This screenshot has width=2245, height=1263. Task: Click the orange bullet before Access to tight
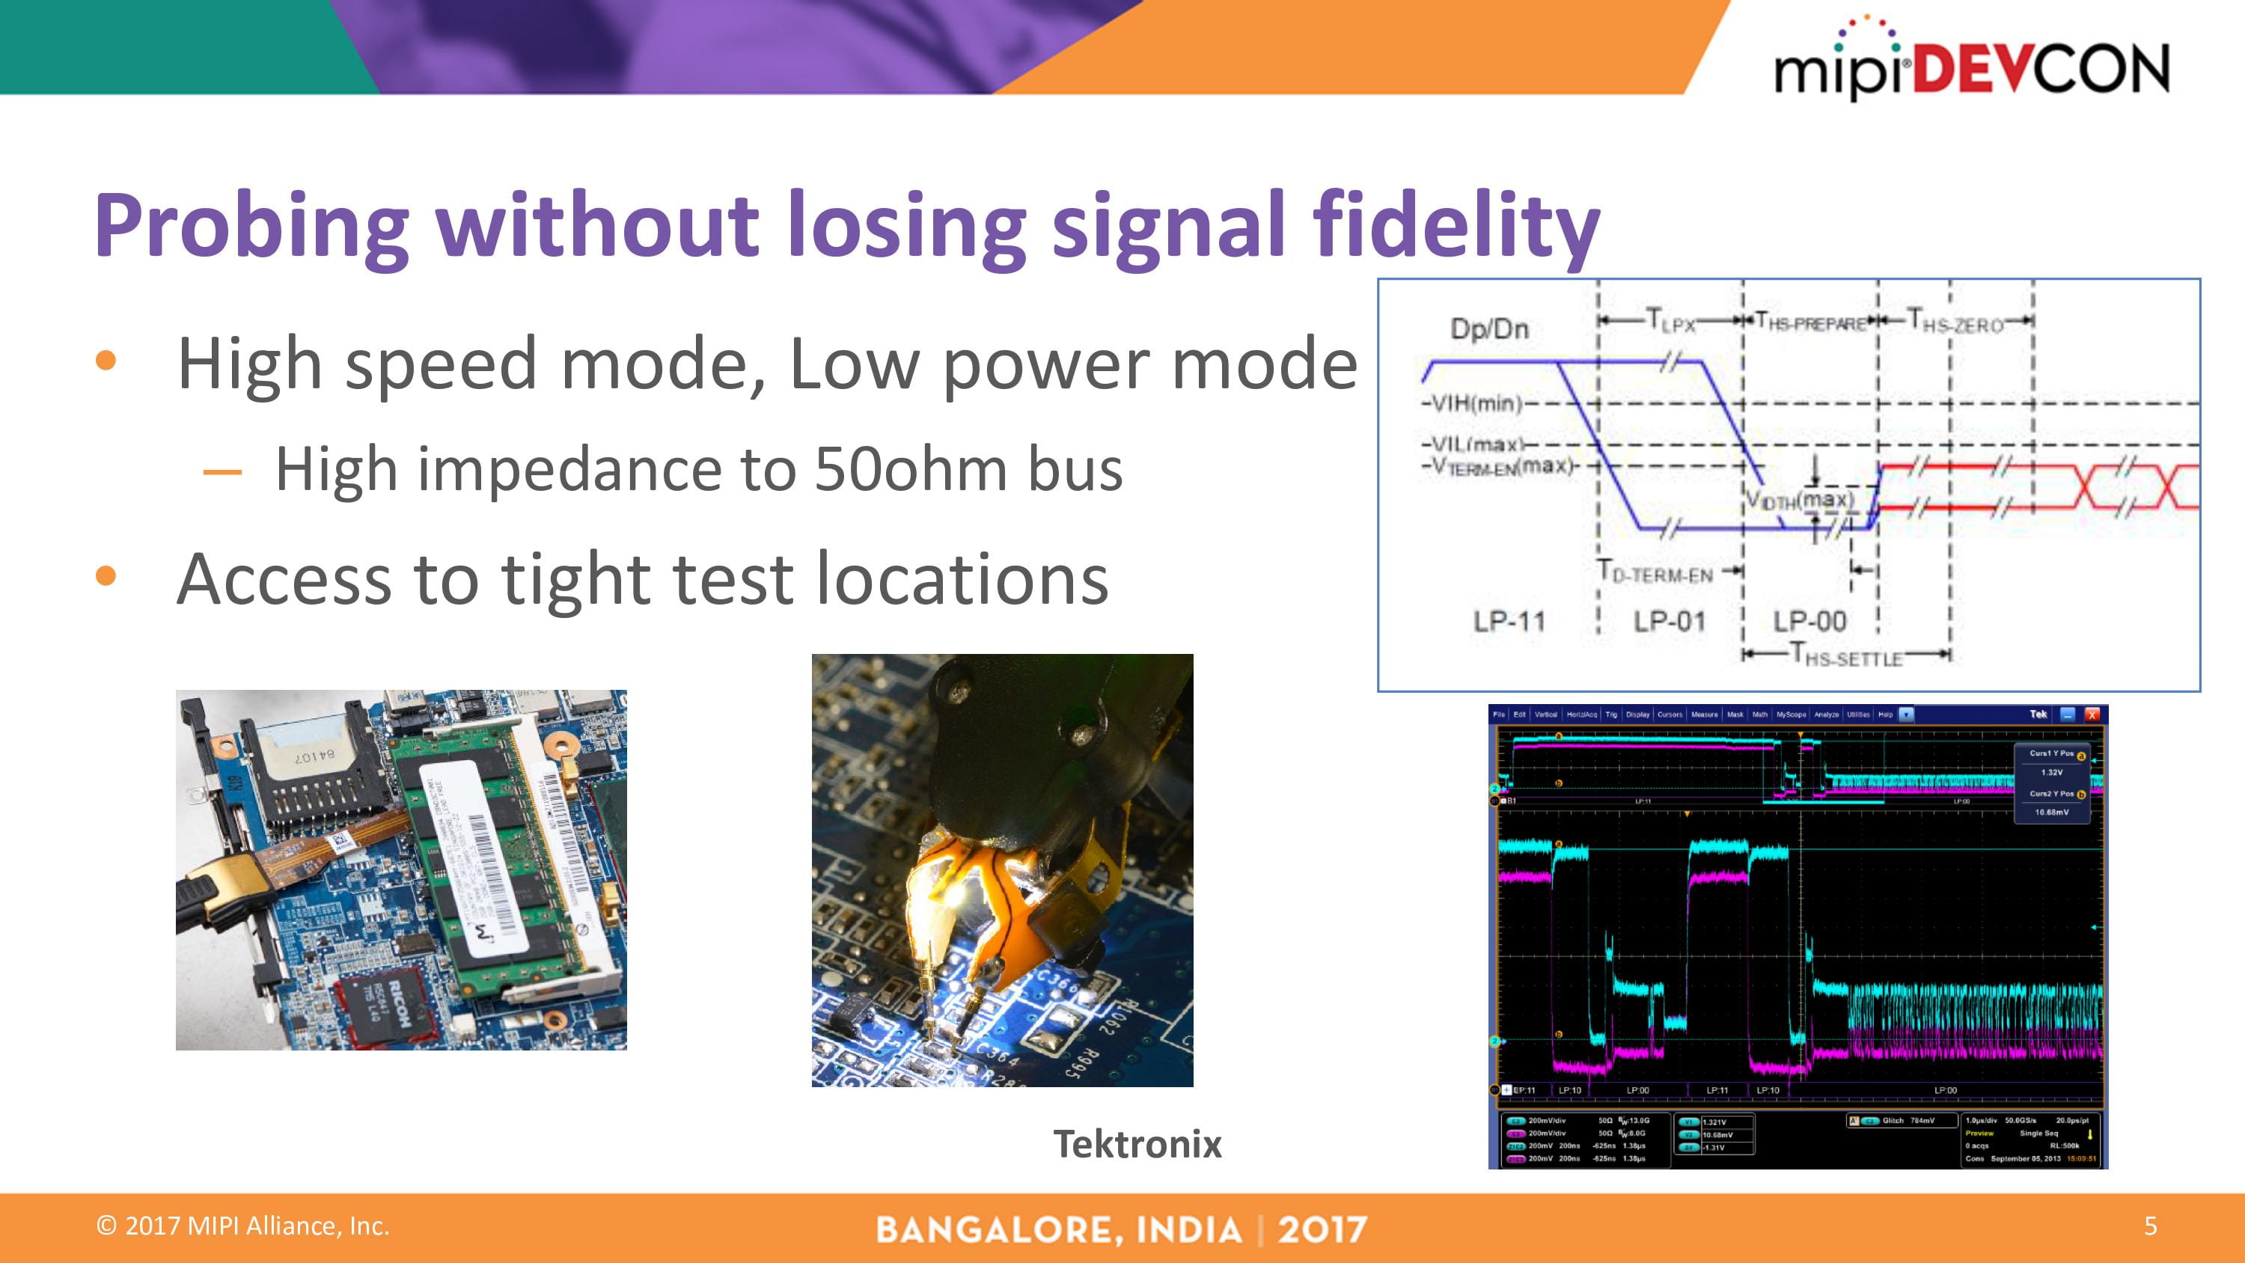(106, 576)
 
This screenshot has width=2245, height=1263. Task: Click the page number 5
(2150, 1226)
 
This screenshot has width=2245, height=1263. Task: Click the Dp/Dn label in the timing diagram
(1489, 328)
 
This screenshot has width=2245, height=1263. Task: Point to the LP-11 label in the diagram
(1509, 622)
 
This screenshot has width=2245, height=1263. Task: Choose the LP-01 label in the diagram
(1669, 622)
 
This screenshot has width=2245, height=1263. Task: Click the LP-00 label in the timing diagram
(1810, 622)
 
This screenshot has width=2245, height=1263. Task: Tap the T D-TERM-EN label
(1656, 572)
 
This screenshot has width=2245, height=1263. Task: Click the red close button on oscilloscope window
(2092, 714)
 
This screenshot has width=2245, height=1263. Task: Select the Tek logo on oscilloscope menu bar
(2038, 714)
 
